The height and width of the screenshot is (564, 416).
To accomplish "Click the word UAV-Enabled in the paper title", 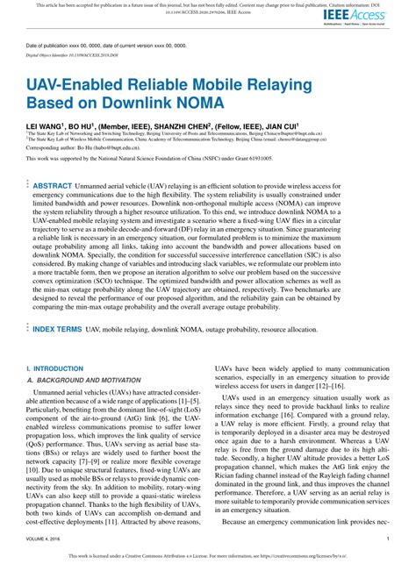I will tap(78, 86).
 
